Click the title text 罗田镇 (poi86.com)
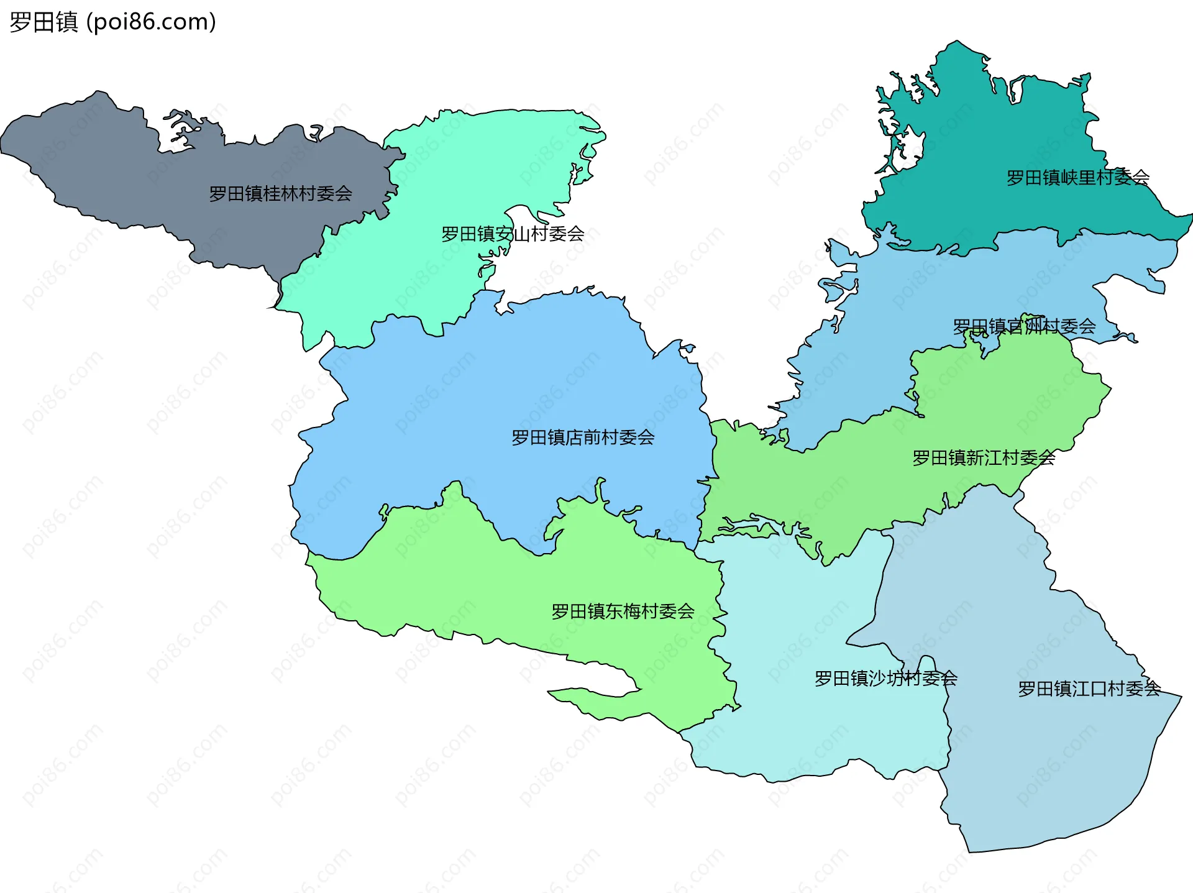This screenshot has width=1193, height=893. pos(112,22)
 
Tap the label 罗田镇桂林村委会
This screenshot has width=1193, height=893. pos(280,194)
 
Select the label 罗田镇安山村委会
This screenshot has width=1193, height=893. pos(513,234)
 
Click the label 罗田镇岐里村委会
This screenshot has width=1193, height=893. pos(1077,178)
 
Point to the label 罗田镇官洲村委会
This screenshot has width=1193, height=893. pos(1024,326)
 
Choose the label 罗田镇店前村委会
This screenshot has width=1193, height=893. pos(583,437)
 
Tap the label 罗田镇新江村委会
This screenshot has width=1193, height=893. pos(984,458)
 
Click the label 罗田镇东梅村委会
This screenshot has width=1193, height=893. pos(623,611)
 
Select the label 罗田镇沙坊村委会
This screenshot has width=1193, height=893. pos(885,679)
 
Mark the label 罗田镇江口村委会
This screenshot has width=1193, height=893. pos(1089,689)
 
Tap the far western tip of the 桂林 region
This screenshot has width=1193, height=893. pos(4,146)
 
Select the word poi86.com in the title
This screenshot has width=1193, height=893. pos(151,22)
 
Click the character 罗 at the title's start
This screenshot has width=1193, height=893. pos(20,22)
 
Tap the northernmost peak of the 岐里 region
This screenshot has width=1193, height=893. pos(957,43)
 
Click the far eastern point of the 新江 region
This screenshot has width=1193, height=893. pos(1110,390)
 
